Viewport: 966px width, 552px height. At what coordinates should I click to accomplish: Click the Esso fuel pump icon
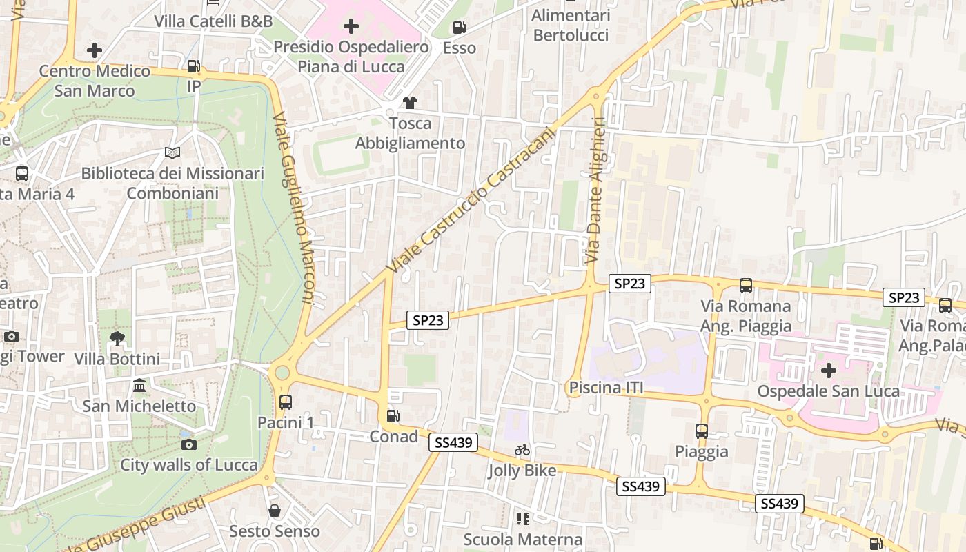pos(459,28)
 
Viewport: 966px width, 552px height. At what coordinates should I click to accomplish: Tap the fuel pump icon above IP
pos(194,66)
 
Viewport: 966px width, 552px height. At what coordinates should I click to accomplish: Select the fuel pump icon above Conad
pos(393,415)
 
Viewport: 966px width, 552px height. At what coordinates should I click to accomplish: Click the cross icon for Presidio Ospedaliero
pos(351,27)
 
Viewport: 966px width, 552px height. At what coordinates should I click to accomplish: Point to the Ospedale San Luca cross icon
pos(828,371)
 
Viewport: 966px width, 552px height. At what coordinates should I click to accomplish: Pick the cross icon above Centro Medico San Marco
pos(95,50)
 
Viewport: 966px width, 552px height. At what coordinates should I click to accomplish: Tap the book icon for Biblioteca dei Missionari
pos(172,152)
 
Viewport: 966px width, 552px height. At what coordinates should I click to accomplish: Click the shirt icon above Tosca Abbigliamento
pos(410,103)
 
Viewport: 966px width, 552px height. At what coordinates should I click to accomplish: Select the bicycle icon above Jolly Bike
pos(522,451)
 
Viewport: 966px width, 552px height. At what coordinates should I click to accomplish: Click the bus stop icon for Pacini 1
pos(285,402)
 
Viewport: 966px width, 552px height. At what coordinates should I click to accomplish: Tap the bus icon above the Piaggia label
pos(701,431)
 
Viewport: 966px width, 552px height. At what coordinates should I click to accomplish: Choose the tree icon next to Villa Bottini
pos(117,338)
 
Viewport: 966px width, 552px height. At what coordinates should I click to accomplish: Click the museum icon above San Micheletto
pos(139,385)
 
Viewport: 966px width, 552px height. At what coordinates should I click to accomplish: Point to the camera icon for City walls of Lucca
pos(188,444)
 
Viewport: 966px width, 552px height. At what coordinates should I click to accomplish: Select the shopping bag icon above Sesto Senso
pos(275,511)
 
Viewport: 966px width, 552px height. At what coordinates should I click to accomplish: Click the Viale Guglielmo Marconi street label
pos(294,207)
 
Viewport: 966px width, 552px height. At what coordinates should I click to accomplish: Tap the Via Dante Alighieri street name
pos(595,190)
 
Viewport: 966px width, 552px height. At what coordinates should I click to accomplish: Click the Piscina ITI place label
pos(606,388)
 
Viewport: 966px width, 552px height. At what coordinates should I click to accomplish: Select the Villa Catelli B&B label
pos(213,21)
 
